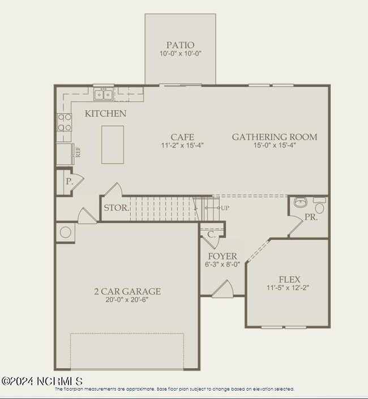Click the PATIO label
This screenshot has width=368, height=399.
pos(181,45)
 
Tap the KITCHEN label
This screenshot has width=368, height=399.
pos(105,114)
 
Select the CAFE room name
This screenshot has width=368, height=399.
pos(182,137)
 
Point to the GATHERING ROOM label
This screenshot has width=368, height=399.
pos(275,137)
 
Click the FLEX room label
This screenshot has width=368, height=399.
pos(289,279)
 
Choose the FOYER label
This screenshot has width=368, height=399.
pos(222,256)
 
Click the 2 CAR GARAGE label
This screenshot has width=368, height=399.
pos(127,291)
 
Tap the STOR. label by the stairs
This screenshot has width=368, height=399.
pos(115,208)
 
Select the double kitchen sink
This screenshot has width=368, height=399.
pos(102,93)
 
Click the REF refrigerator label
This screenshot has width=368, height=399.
pos(78,152)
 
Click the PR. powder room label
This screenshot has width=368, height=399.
pos(311,217)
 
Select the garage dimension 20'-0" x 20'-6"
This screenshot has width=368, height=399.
pos(127,301)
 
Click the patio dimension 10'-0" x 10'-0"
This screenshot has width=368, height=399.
pos(181,54)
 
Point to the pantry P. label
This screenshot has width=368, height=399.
pos(69,182)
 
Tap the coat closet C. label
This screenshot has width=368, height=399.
pos(211,234)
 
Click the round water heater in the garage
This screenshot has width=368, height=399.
pos(66,232)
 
